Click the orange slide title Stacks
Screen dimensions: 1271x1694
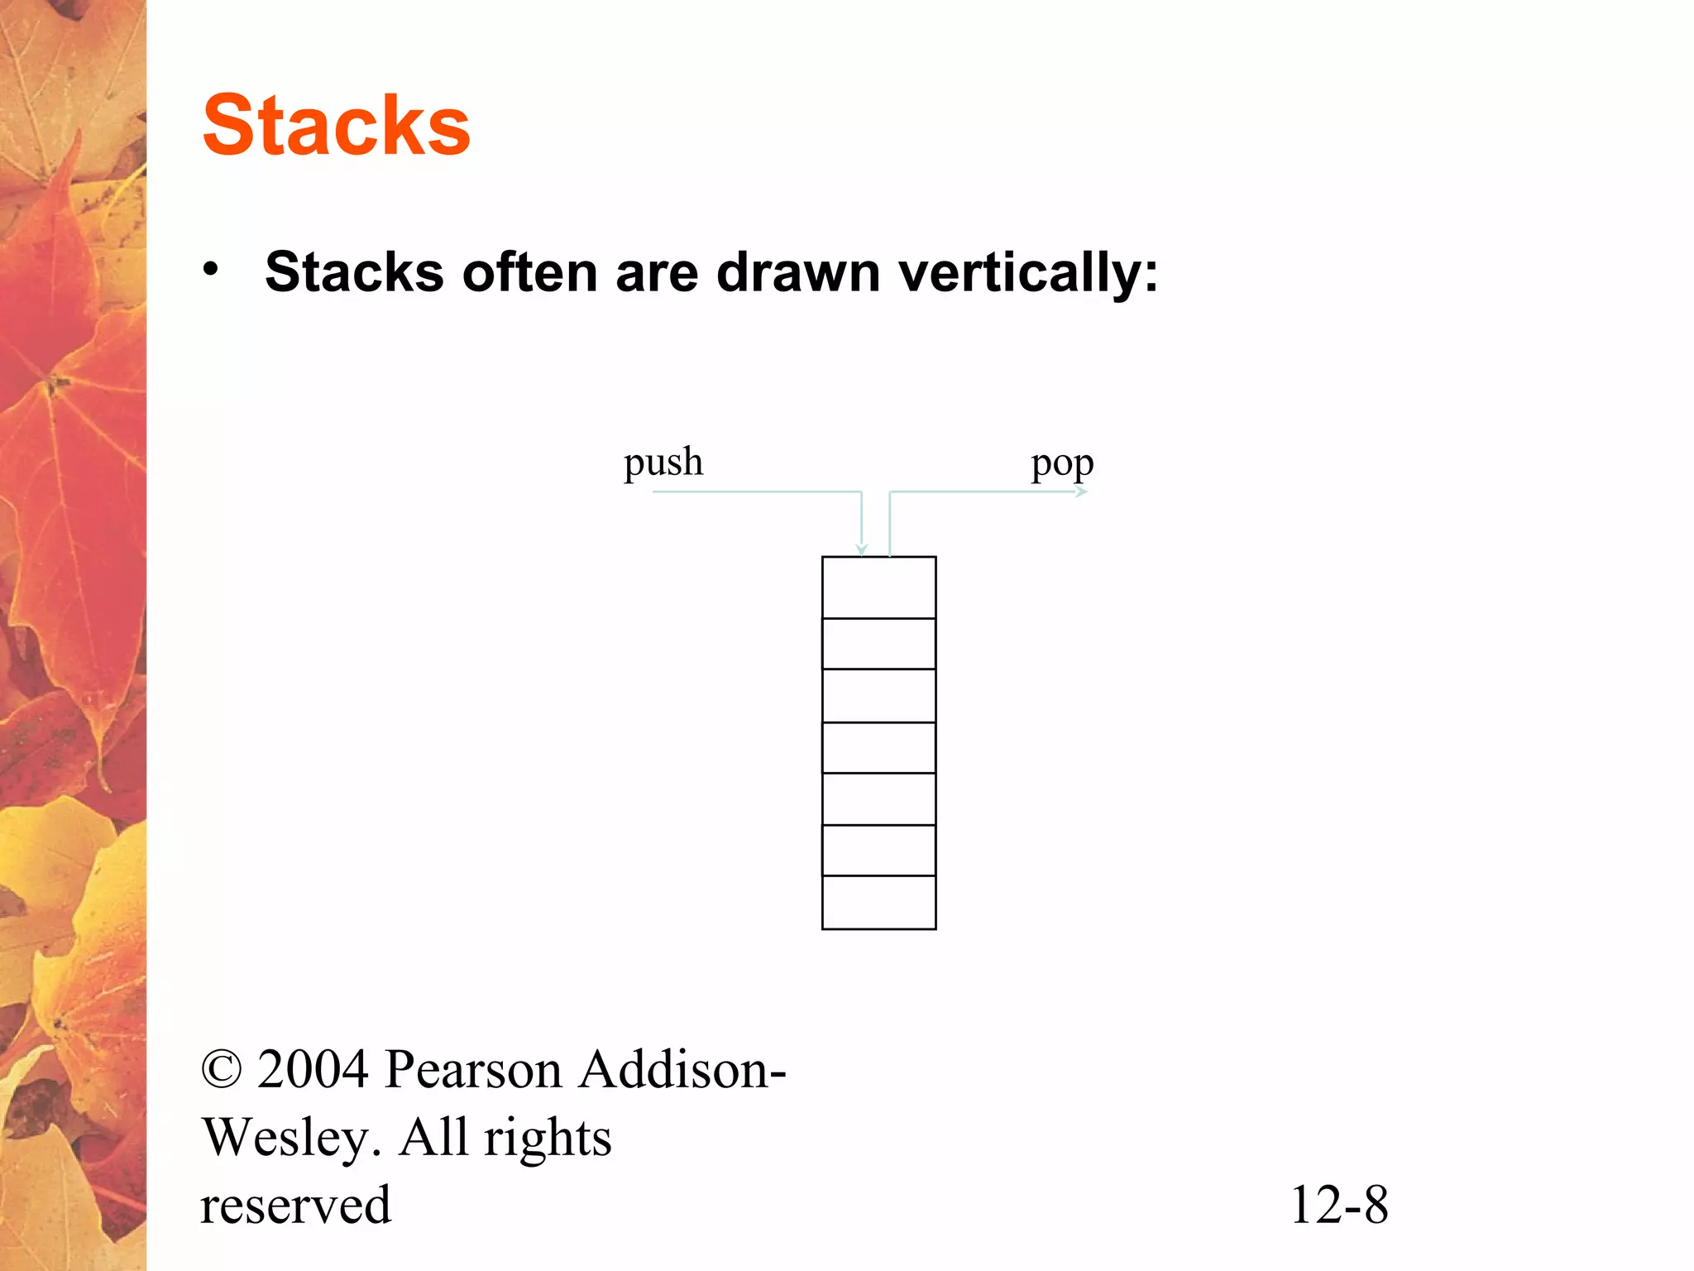[x=336, y=125]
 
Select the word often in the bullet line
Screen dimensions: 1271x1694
[x=529, y=272]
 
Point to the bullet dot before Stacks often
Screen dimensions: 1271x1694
[x=211, y=269]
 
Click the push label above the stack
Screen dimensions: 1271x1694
[x=663, y=462]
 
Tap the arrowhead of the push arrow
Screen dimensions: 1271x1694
[x=862, y=549]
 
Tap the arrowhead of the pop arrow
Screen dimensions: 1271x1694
[x=1082, y=492]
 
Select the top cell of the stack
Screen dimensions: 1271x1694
[x=878, y=588]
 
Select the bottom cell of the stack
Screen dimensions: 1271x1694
[x=878, y=902]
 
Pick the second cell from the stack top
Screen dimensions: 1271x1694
[x=878, y=644]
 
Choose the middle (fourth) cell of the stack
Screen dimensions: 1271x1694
[x=878, y=748]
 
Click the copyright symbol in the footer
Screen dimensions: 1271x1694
[x=222, y=1069]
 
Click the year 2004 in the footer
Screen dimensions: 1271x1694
[x=313, y=1069]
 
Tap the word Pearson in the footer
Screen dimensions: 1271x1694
[x=473, y=1069]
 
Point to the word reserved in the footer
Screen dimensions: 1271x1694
[x=295, y=1205]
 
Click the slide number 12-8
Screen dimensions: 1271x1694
[x=1339, y=1205]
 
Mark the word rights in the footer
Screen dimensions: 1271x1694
[x=548, y=1139]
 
